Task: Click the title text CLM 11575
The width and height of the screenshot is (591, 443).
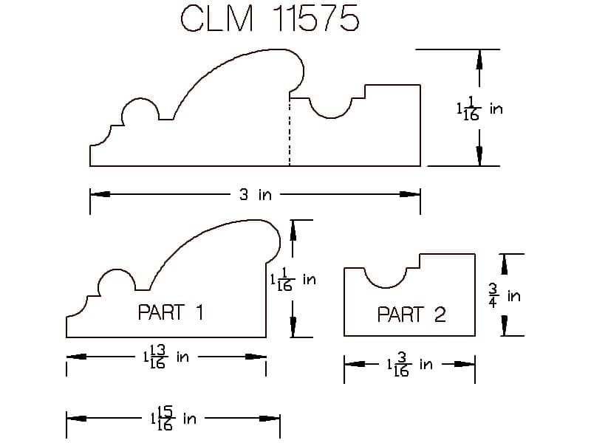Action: [x=270, y=18]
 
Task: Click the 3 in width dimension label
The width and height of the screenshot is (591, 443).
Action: [x=255, y=195]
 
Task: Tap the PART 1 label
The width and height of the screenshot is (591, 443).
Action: [x=171, y=312]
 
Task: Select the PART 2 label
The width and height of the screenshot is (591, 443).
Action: [x=411, y=315]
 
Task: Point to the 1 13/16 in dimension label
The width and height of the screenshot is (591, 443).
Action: [x=165, y=357]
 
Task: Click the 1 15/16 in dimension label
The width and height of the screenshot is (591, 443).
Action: [x=173, y=418]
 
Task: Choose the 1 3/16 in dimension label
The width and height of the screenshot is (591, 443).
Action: [x=410, y=365]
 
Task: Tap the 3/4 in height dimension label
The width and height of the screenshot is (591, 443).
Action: [x=505, y=296]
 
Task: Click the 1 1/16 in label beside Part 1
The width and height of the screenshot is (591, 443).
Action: [x=293, y=279]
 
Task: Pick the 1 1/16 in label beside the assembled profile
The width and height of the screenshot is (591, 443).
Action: [x=479, y=109]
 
